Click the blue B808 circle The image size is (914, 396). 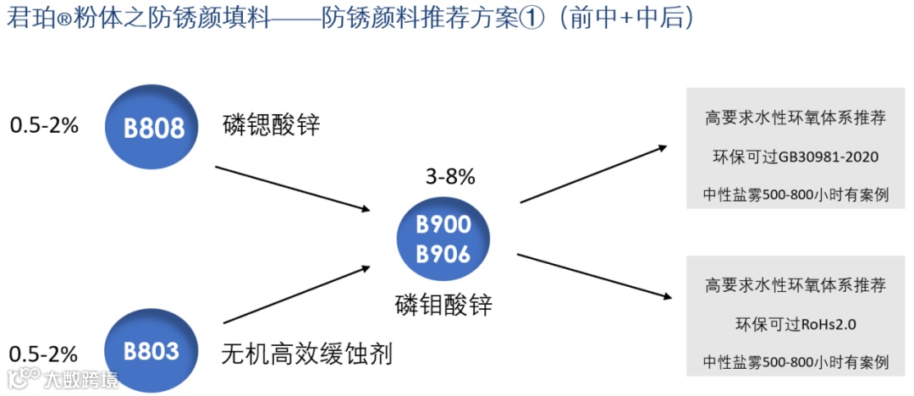[153, 128]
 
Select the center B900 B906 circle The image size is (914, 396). [443, 240]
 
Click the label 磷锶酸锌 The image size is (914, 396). [272, 125]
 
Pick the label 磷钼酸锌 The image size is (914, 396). [443, 305]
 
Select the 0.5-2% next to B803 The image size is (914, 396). [44, 352]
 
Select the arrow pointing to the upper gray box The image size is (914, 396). [592, 174]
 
